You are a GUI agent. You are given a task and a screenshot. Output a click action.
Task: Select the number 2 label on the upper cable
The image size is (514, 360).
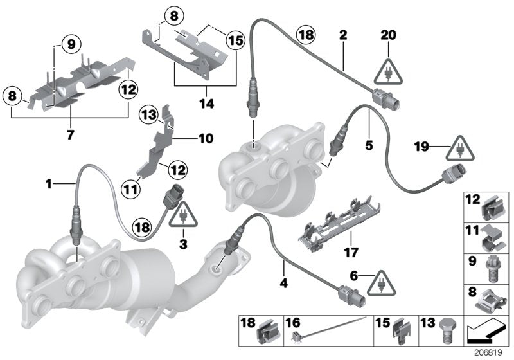tap(343, 35)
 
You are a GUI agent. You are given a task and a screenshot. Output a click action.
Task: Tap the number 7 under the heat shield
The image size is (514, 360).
tap(71, 135)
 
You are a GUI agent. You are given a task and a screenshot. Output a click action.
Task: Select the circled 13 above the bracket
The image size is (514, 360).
tap(149, 115)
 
